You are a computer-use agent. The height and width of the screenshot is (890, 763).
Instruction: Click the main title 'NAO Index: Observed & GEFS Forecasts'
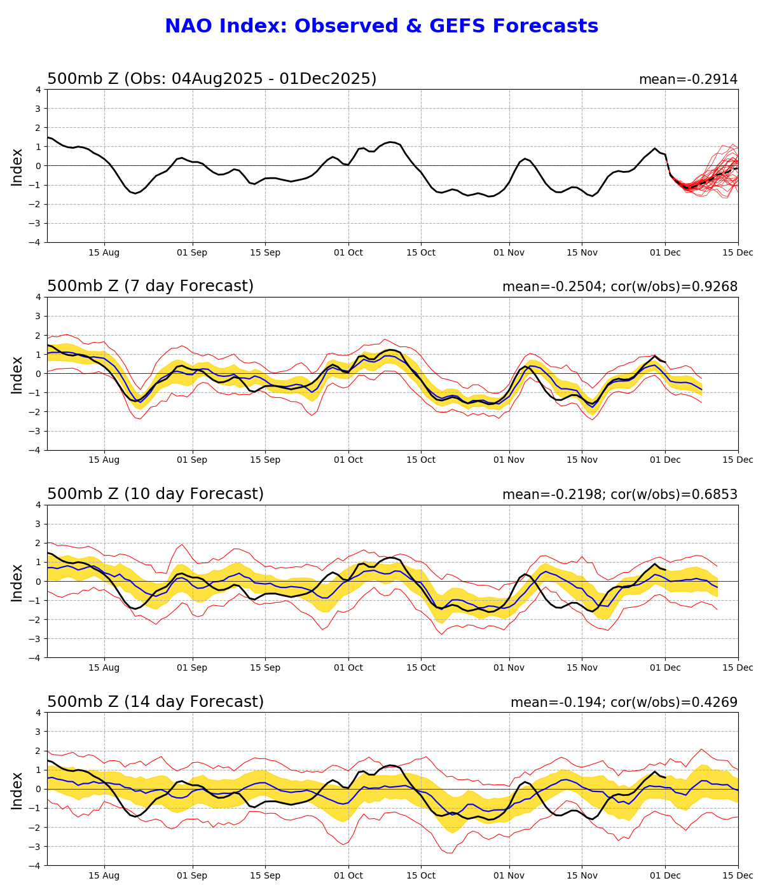(x=381, y=26)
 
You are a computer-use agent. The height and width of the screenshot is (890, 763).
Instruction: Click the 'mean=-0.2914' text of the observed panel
(x=688, y=79)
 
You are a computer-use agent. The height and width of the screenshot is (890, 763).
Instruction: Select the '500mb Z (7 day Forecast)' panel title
(x=150, y=287)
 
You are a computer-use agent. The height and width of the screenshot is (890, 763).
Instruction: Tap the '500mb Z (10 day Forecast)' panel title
(x=155, y=495)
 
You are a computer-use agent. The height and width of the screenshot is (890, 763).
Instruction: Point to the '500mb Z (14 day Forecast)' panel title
(x=155, y=702)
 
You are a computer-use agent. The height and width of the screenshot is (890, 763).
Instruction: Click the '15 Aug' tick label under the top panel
(x=104, y=252)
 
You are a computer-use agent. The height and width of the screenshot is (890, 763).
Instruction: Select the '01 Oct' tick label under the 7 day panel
(x=348, y=460)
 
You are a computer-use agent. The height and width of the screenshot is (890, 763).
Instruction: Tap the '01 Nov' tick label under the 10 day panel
(x=509, y=667)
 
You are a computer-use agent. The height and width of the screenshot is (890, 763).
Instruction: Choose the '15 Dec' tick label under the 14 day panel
(x=738, y=875)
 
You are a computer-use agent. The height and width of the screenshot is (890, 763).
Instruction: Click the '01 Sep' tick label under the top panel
(x=191, y=252)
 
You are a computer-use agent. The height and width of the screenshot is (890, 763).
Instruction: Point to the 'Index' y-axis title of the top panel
(x=17, y=167)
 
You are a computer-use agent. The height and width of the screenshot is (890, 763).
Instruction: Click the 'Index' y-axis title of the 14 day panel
(x=17, y=790)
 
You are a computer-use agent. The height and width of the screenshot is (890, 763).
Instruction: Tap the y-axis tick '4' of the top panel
(x=38, y=90)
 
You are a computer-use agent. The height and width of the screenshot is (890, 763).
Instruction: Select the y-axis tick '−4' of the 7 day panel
(x=36, y=450)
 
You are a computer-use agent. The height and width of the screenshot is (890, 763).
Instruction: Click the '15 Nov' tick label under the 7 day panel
(x=582, y=460)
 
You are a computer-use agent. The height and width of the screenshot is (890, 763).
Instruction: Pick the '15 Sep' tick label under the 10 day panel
(x=265, y=667)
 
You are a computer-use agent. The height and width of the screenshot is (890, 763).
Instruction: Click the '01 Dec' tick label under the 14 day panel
(x=665, y=875)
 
